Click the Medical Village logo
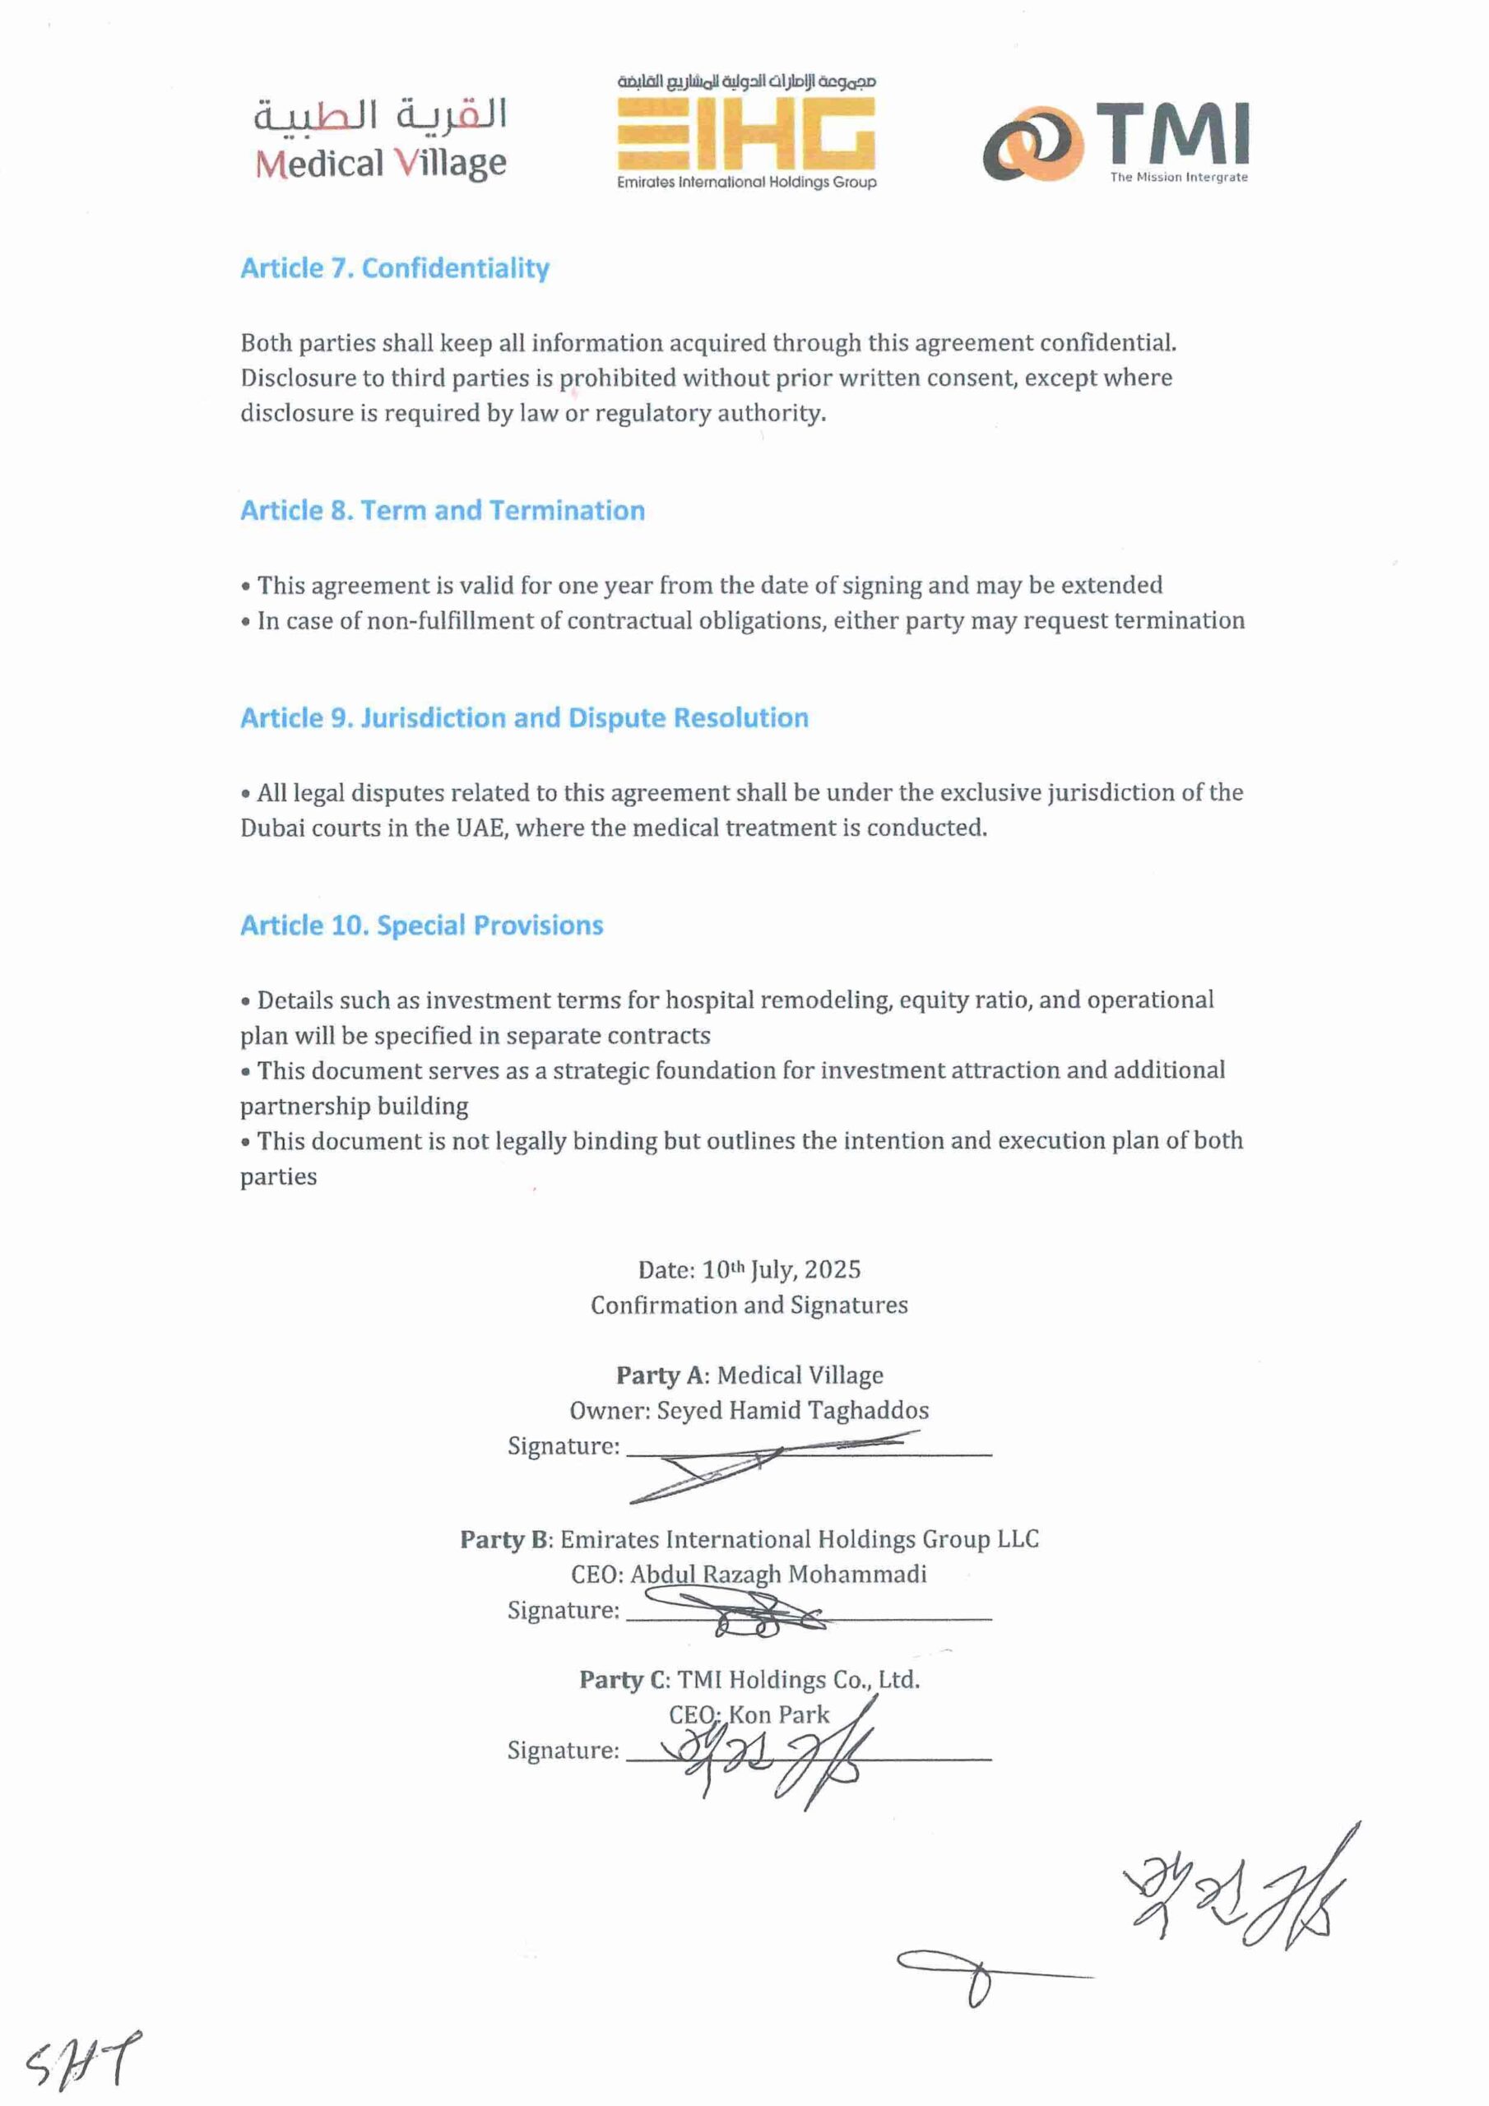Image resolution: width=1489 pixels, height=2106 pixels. tap(380, 139)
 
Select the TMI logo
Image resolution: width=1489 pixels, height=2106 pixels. tap(1116, 142)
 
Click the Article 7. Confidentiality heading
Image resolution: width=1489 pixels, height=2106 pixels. tap(395, 268)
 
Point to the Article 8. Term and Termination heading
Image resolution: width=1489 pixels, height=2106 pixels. tap(443, 510)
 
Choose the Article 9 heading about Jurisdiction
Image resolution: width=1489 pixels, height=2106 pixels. tap(524, 717)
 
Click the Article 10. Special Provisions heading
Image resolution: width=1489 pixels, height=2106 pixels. tap(421, 925)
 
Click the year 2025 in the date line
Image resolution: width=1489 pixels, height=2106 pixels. tap(833, 1269)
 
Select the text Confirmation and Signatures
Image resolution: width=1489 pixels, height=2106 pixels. tap(749, 1305)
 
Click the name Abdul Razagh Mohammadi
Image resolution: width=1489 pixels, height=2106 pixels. tap(778, 1574)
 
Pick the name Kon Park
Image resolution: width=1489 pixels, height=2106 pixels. tap(778, 1714)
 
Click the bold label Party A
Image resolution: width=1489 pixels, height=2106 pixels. tap(661, 1375)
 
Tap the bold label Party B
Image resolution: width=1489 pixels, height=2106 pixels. tap(504, 1539)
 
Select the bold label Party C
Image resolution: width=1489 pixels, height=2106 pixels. tap(623, 1680)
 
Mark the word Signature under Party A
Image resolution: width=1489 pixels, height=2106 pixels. tap(563, 1446)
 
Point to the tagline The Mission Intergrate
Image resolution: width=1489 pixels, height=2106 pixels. tap(1178, 177)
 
